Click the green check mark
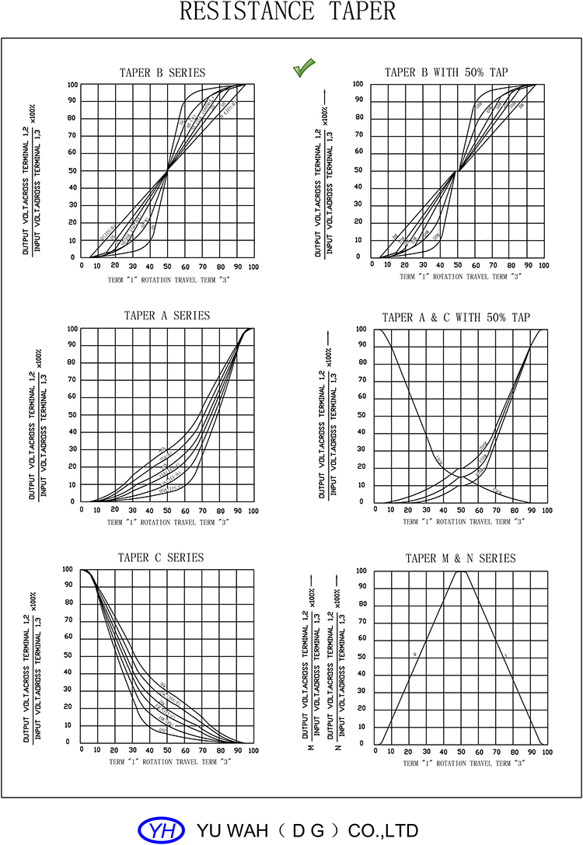pyautogui.click(x=302, y=68)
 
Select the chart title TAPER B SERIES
pyautogui.click(x=162, y=73)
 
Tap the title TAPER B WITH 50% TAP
pyautogui.click(x=446, y=72)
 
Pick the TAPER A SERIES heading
pyautogui.click(x=167, y=316)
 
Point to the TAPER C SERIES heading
pyautogui.click(x=161, y=557)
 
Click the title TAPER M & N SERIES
pyautogui.click(x=460, y=558)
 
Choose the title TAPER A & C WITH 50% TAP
pyautogui.click(x=456, y=317)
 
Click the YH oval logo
pyautogui.click(x=162, y=830)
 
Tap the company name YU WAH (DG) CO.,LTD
pyautogui.click(x=309, y=830)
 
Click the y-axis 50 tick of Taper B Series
pyautogui.click(x=73, y=170)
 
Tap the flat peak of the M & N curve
pyautogui.click(x=461, y=571)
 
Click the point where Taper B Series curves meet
pyautogui.click(x=167, y=170)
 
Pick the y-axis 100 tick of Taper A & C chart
pyautogui.click(x=361, y=329)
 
